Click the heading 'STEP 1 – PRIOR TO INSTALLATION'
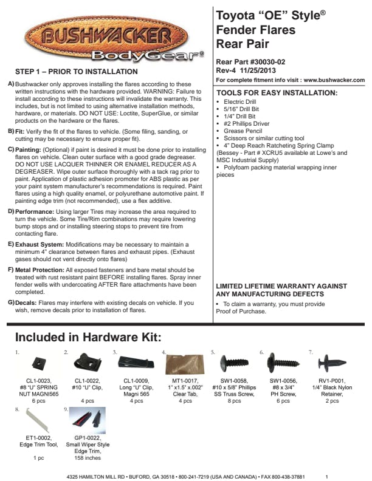pyautogui.click(x=77, y=72)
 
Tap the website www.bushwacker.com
pyautogui.click(x=334, y=80)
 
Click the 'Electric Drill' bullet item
pyautogui.click(x=243, y=101)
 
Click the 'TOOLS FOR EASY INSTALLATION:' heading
pyautogui.click(x=277, y=92)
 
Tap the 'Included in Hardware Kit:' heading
pyautogui.click(x=88, y=337)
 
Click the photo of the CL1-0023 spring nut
pyautogui.click(x=38, y=362)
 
